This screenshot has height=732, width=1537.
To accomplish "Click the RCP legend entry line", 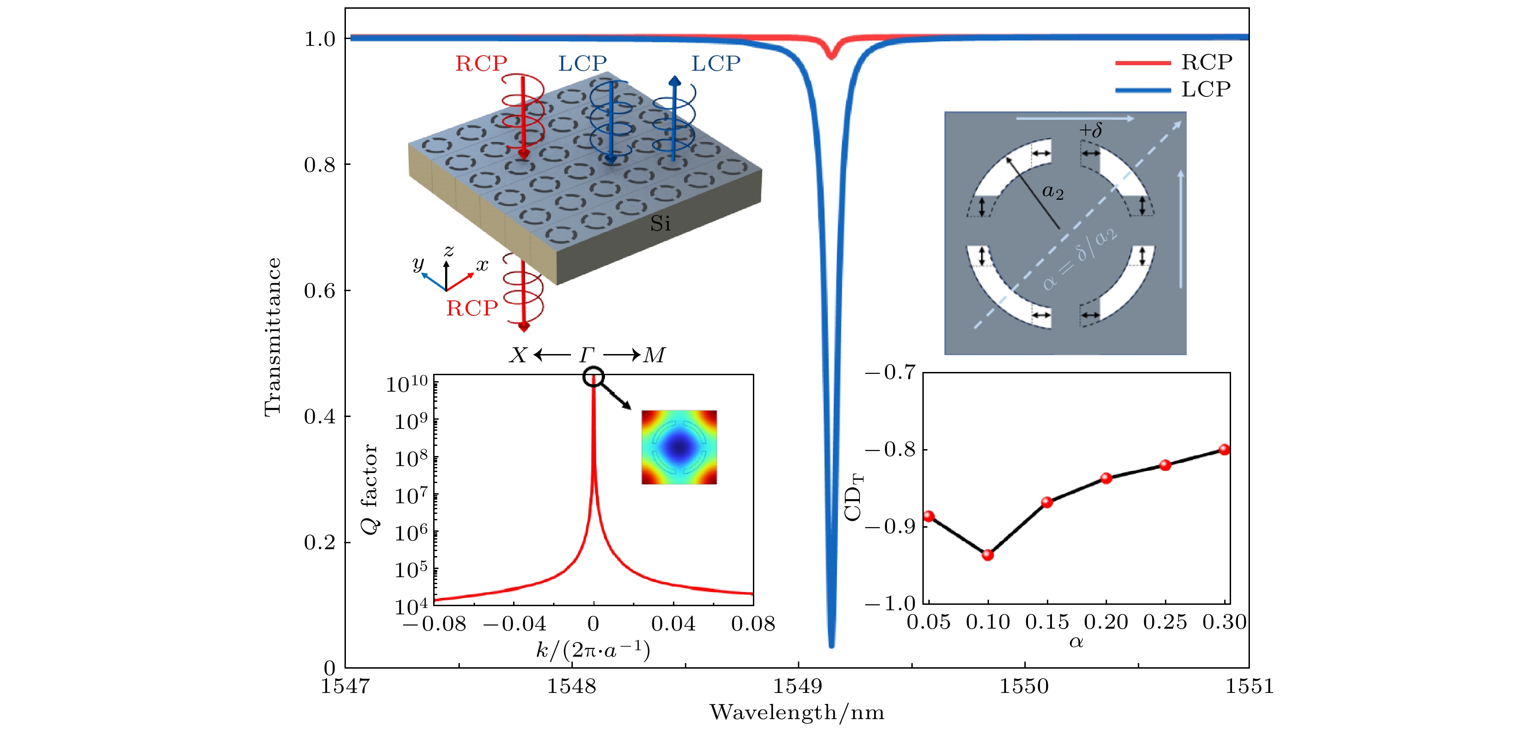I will point(1142,62).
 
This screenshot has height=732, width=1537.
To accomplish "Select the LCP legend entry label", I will point(1206,90).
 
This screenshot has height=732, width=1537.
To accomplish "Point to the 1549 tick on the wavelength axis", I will point(798,686).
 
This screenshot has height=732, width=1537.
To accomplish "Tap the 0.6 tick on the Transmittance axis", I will point(320,291).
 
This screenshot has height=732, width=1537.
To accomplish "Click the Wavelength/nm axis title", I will point(797,712).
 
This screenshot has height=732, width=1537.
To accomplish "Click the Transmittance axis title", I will point(273,337).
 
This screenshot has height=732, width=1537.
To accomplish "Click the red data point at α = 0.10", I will point(988,555).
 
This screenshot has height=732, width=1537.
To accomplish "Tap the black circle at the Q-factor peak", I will point(593,377).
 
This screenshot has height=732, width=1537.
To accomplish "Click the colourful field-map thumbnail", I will point(679,447).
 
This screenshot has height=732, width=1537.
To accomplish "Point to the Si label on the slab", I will point(660,224).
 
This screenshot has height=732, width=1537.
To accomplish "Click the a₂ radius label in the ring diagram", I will point(1052,192).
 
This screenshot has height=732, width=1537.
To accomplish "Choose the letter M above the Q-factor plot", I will point(654,355).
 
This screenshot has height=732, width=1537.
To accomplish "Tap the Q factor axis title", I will point(370,489).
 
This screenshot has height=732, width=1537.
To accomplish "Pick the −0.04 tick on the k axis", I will point(514,624).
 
